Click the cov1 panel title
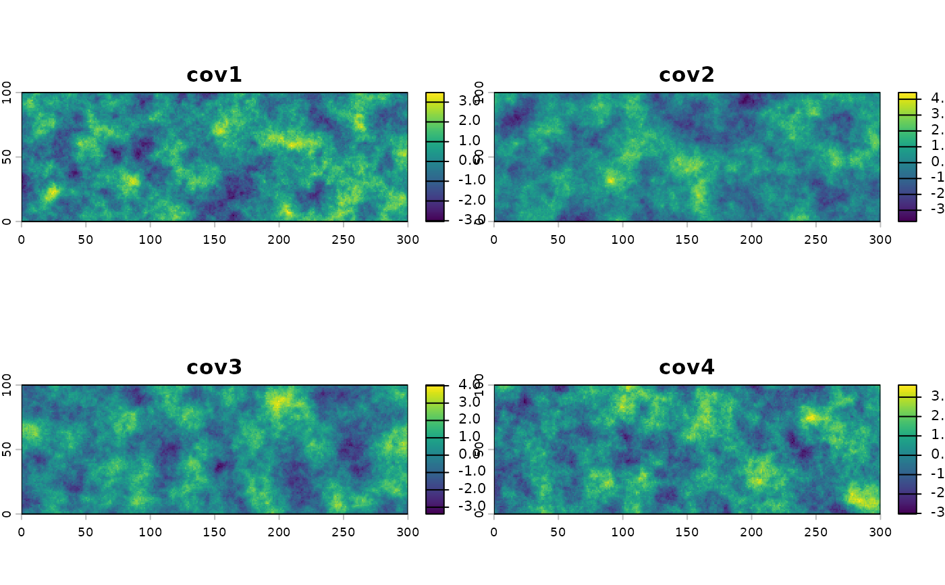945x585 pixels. pos(214,75)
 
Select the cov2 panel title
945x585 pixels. pos(686,75)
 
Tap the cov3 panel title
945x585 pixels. pos(214,367)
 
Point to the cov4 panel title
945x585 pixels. pos(686,367)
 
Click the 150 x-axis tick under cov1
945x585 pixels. pos(215,239)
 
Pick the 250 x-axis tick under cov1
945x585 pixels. pos(343,239)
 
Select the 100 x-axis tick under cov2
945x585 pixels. pos(622,239)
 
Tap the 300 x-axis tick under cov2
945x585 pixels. pos(880,239)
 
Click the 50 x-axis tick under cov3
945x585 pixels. pos(86,532)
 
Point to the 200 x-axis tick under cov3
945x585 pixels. pos(279,532)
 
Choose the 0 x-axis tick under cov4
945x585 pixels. pos(494,532)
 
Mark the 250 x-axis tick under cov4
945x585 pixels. pos(815,532)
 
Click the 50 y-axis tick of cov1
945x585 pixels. pos(7,157)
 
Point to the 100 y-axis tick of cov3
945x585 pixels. pos(7,385)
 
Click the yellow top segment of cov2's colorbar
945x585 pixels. pos(907,96)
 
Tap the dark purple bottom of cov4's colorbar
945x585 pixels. pos(907,509)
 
